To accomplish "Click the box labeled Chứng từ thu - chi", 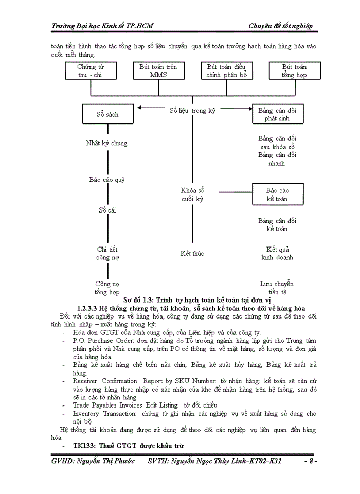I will [91, 70].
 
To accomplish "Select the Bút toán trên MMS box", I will [158, 70].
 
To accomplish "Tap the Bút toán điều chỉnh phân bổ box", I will [226, 70].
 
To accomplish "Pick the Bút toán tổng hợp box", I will [294, 70].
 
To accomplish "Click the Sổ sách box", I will [107, 114].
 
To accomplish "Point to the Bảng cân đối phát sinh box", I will [277, 114].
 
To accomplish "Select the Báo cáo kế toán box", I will [277, 194].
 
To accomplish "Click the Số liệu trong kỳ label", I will [193, 110].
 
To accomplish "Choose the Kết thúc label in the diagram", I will [192, 253].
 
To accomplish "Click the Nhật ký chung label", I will [106, 143].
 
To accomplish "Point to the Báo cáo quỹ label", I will [107, 180].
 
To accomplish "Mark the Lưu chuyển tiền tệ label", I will [277, 288].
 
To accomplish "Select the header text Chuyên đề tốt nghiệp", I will [280, 26].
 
